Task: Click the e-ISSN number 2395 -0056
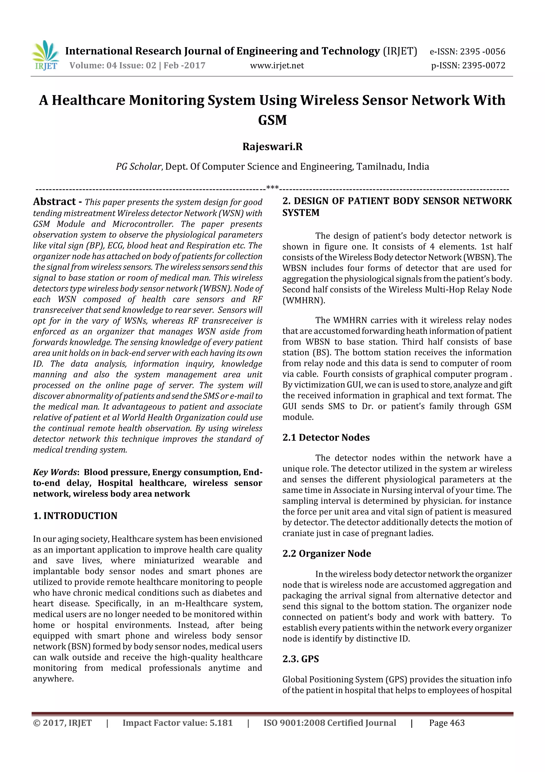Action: click(x=482, y=51)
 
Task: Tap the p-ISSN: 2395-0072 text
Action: click(x=468, y=65)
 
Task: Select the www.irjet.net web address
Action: click(x=277, y=66)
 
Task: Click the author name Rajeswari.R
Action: click(x=272, y=147)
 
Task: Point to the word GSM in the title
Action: click(x=272, y=120)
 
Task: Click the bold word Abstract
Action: click(x=54, y=201)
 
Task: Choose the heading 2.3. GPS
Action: click(x=300, y=659)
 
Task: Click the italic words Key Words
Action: click(x=55, y=472)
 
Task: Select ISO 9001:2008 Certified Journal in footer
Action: click(x=329, y=723)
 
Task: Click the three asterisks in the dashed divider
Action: click(x=272, y=188)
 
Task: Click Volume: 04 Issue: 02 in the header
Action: click(x=113, y=65)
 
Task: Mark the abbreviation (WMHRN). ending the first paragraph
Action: click(x=304, y=300)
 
